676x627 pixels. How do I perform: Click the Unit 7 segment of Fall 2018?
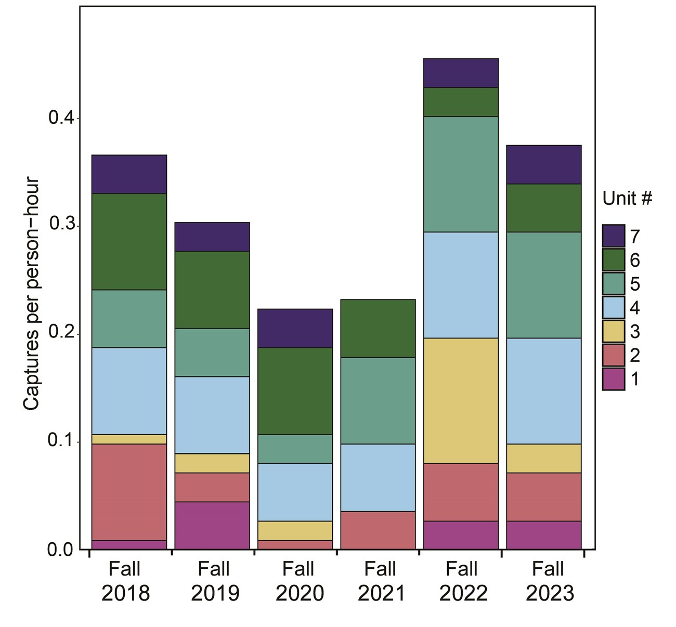[129, 174]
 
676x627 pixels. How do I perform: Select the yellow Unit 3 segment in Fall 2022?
[461, 400]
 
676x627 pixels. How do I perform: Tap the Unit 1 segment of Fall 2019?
[212, 525]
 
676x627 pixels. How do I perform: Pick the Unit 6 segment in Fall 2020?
[295, 390]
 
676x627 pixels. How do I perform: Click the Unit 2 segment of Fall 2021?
[378, 530]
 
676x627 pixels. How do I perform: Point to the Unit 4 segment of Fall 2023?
[544, 390]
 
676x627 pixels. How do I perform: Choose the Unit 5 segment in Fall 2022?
[461, 174]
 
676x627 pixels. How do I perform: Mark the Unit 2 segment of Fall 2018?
[129, 492]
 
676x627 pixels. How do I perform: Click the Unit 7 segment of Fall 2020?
[295, 328]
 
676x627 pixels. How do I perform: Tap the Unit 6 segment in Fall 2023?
[544, 207]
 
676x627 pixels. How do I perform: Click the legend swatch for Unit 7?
[614, 236]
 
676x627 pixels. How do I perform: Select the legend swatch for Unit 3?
[614, 332]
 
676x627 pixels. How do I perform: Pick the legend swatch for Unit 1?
[614, 379]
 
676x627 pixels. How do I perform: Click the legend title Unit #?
[627, 198]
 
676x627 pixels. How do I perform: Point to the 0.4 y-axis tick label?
[61, 118]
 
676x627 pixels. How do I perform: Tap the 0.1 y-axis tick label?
[61, 441]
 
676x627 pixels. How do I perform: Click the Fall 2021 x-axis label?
[381, 581]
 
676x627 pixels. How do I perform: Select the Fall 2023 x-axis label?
[549, 581]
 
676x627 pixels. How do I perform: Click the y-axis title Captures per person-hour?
[32, 294]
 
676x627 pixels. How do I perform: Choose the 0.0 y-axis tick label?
[61, 550]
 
